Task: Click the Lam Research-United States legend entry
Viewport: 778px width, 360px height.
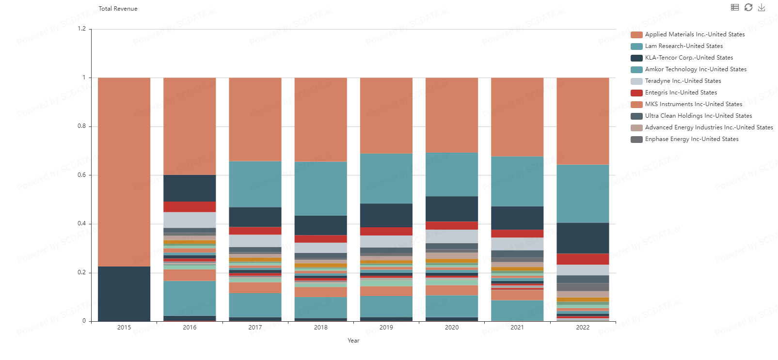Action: [x=683, y=46]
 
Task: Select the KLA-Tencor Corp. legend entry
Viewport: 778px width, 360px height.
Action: [x=688, y=58]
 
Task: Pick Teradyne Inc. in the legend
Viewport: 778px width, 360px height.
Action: [x=683, y=81]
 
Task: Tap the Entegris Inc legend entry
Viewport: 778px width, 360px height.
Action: [x=681, y=93]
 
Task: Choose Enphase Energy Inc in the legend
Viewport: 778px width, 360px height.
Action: [x=691, y=139]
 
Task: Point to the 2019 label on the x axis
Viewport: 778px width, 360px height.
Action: [x=386, y=328]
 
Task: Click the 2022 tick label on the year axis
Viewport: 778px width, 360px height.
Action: [x=583, y=328]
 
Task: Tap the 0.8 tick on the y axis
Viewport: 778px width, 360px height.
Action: [x=81, y=126]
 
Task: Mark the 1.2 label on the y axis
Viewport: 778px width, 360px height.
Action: [x=81, y=29]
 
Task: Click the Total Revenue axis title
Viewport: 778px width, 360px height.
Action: [x=118, y=9]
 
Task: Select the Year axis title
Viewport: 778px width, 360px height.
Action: [x=353, y=341]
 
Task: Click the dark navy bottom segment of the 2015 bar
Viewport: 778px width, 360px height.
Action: [x=124, y=294]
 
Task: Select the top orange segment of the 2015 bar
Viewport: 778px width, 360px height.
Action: [x=124, y=172]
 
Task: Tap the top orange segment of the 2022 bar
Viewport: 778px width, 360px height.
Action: [x=583, y=121]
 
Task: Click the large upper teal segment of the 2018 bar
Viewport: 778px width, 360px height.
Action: [x=321, y=188]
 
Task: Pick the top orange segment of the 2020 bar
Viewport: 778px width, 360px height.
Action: [x=452, y=115]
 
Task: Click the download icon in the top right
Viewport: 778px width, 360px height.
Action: [x=762, y=7]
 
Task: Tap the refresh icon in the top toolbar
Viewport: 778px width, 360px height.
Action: [x=748, y=7]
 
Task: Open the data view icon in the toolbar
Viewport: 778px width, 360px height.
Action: [x=735, y=7]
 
